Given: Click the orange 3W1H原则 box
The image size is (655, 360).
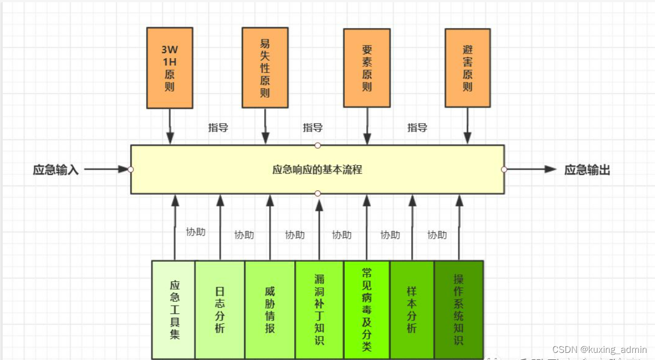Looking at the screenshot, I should (x=170, y=68).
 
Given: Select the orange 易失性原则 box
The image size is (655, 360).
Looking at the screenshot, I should (x=265, y=68).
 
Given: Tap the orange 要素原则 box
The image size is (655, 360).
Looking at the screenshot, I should (x=367, y=68).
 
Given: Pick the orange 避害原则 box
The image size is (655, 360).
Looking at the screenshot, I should (x=467, y=68).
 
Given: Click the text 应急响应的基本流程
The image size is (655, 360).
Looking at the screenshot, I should (x=317, y=170).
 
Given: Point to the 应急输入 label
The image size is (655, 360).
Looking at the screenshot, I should (x=56, y=170).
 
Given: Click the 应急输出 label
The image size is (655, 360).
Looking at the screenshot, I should (x=587, y=170).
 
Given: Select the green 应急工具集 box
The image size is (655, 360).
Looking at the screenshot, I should (x=174, y=310).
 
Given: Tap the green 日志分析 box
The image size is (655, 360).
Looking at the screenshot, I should (x=220, y=310).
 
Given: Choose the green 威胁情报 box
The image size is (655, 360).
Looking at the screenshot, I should (x=270, y=310).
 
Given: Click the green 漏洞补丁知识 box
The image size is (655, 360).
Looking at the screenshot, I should (x=320, y=310).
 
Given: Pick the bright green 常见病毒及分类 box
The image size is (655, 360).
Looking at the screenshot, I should (x=367, y=310).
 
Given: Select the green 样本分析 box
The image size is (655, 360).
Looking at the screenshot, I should (x=412, y=310).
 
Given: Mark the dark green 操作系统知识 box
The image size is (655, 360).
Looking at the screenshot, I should (x=458, y=310).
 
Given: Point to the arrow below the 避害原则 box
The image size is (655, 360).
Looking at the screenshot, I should (x=467, y=126).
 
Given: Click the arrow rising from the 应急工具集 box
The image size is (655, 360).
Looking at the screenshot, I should (x=175, y=227).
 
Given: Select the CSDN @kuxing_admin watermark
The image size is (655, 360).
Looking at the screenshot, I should (x=600, y=350).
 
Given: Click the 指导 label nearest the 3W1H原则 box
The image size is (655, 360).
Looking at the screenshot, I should (x=218, y=128).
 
